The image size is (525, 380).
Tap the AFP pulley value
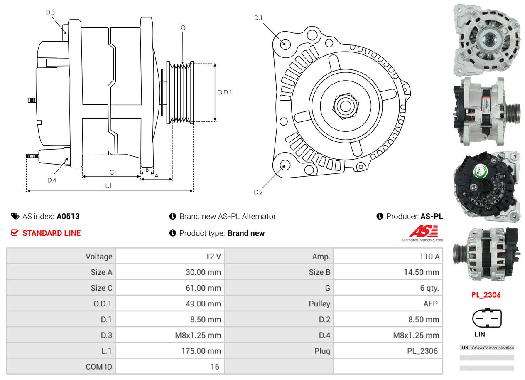[430, 304]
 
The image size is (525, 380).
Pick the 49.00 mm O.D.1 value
[203, 304]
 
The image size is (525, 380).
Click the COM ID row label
[99, 367]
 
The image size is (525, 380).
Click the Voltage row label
[99, 257]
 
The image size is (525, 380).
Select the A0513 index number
[68, 216]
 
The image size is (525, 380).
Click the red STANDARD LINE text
[52, 233]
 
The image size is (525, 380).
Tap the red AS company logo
[423, 231]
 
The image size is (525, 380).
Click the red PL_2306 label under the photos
[486, 295]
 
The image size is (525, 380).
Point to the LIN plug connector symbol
[487, 318]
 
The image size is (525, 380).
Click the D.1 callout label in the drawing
[258, 18]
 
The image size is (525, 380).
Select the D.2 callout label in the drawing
[258, 192]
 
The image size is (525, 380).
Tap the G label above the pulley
[183, 28]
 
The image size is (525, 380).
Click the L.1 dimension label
[108, 186]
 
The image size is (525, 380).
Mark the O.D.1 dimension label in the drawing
[225, 92]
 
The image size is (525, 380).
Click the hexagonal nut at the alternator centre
[345, 106]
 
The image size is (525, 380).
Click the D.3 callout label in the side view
[50, 12]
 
